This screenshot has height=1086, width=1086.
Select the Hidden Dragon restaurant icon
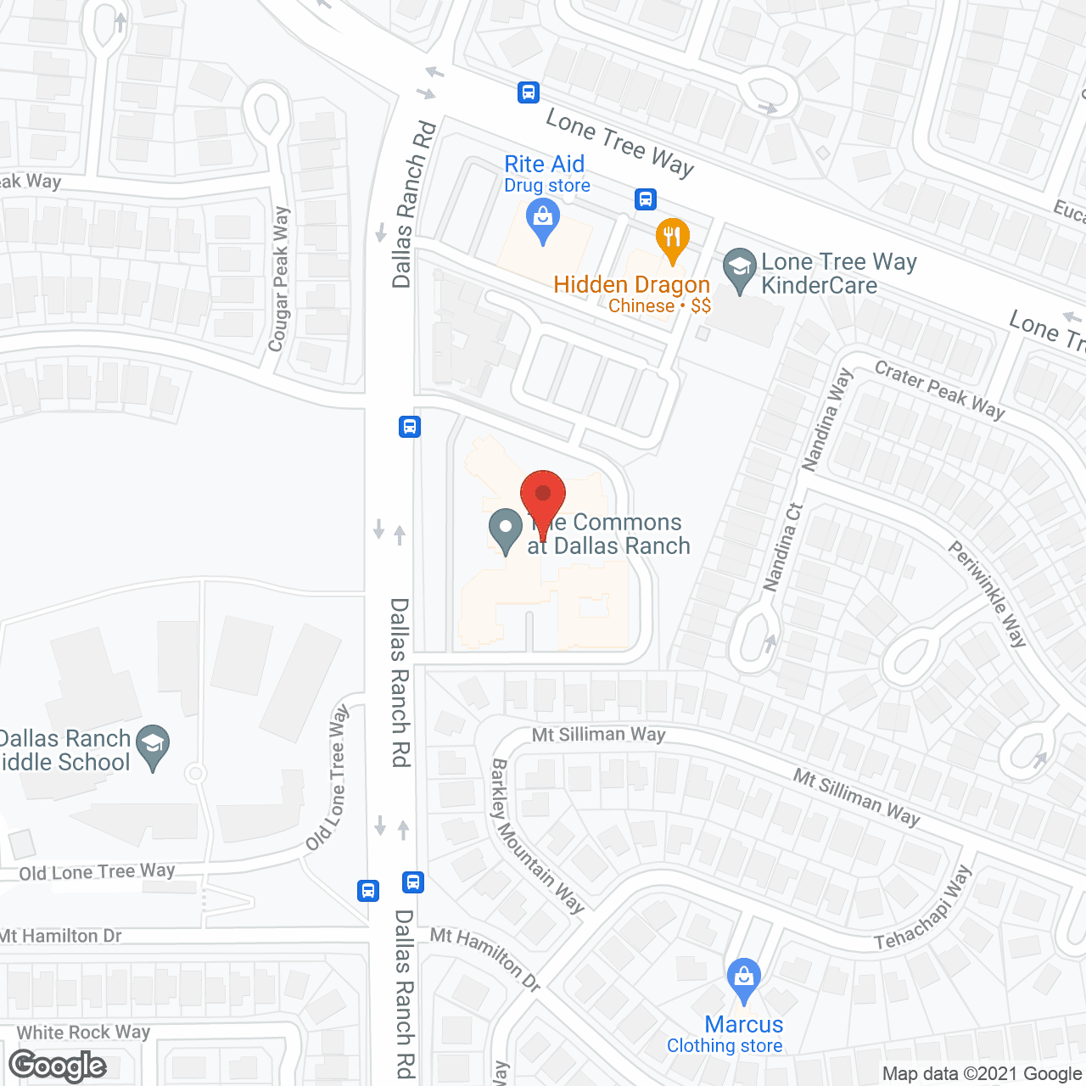click(672, 239)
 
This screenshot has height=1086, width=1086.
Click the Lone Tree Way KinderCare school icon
click(740, 270)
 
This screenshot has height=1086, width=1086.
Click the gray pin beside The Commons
click(506, 530)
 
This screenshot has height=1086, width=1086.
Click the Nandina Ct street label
click(782, 547)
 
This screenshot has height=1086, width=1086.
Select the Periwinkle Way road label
click(987, 594)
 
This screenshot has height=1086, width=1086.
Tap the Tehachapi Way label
click(923, 909)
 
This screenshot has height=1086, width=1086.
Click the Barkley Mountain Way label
click(537, 837)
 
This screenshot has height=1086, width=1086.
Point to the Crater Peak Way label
click(939, 389)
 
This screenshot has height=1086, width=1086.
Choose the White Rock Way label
click(83, 1033)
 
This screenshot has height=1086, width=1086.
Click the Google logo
click(58, 1066)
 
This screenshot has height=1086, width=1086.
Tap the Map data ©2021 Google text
click(982, 1074)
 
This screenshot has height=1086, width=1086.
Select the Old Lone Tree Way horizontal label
click(97, 872)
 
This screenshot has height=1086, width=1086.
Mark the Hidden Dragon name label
click(631, 285)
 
